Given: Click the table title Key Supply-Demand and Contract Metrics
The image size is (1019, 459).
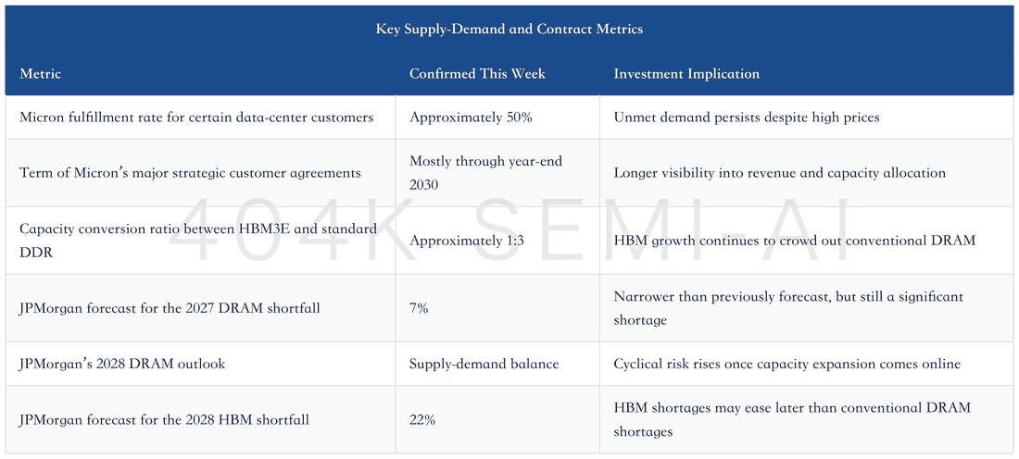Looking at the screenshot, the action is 509,30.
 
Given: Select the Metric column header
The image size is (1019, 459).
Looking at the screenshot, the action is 40,73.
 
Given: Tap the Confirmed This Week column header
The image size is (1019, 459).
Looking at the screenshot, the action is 477,73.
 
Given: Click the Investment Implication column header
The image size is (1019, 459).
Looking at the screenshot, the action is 686,73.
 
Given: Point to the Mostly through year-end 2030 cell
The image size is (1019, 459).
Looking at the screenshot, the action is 485,173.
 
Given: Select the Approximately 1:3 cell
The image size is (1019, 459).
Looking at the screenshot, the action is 467,241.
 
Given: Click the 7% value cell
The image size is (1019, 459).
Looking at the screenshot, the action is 419,308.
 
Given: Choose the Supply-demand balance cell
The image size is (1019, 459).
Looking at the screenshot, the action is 484,364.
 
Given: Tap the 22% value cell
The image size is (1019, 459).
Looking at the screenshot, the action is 421,420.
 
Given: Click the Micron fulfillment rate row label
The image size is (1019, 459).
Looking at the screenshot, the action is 196,118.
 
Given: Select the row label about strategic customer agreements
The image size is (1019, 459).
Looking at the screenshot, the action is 190,173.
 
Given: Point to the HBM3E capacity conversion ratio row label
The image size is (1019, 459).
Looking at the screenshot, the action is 198,241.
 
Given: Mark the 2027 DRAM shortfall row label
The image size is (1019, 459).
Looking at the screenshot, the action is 170,308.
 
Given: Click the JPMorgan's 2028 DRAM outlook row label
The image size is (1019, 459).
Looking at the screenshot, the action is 122,364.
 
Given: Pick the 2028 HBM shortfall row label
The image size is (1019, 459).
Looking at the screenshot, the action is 164,420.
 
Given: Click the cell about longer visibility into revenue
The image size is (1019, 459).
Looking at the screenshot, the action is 779,173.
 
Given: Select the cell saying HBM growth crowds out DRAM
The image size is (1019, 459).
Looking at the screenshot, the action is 795,241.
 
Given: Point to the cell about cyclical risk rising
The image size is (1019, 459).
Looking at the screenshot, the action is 787,364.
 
